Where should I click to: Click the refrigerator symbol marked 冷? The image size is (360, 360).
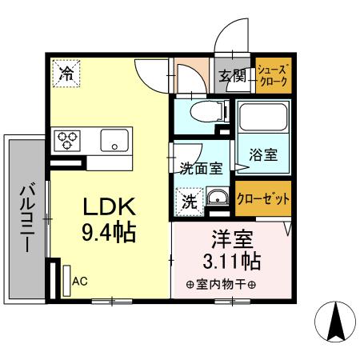[x=66, y=74]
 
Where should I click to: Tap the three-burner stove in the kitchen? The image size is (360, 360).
[x=66, y=141]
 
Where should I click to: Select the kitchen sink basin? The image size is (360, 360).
[x=113, y=141]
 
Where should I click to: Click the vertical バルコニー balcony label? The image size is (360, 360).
[x=26, y=218]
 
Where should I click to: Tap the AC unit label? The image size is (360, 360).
[x=79, y=282]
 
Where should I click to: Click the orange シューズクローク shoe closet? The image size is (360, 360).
[x=273, y=77]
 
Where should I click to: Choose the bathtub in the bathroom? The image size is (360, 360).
[x=264, y=121]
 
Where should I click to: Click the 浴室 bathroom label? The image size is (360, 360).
[x=264, y=155]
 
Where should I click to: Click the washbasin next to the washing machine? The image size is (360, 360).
[x=217, y=198]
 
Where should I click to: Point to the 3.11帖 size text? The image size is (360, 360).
[x=230, y=262]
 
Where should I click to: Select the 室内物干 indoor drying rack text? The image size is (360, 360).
[x=221, y=285]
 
